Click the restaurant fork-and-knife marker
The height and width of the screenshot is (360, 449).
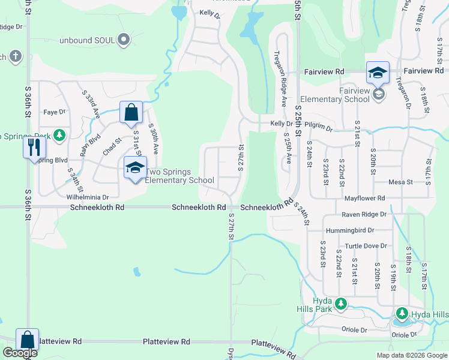coord(34,146)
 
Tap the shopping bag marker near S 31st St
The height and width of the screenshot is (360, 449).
coord(131,112)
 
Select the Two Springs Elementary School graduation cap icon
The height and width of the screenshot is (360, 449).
coord(136,168)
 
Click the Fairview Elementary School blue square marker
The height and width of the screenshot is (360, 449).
coord(378,73)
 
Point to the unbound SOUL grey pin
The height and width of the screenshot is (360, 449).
coord(124,40)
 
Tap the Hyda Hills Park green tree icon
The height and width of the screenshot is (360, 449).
coord(341,303)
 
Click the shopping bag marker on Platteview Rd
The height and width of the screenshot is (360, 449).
coord(27,340)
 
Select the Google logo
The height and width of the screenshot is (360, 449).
coord(20,353)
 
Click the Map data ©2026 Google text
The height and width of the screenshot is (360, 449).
coord(412,355)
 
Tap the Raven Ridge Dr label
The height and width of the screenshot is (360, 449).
coord(364,214)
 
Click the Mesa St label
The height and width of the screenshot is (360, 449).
coord(400,181)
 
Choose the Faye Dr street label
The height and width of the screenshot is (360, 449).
coord(54,112)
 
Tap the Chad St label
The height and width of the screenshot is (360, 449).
coord(112,148)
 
